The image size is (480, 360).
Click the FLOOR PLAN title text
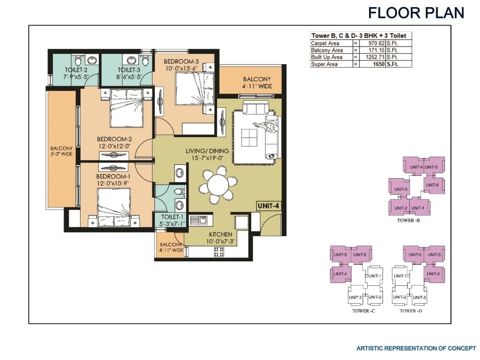[416, 13]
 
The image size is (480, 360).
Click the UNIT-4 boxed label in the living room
[268, 206]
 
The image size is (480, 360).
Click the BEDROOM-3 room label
[181, 62]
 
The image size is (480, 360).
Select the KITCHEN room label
[220, 234]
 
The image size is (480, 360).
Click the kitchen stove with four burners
[219, 252]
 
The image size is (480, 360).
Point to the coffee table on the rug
[250, 138]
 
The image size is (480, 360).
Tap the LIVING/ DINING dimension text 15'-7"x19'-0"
[207, 158]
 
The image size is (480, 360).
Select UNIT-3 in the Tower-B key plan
[401, 189]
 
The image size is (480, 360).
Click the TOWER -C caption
[363, 311]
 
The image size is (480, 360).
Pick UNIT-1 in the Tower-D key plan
[400, 276]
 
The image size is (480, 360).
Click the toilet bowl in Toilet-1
[179, 191]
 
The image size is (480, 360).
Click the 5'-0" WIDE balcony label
[62, 154]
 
